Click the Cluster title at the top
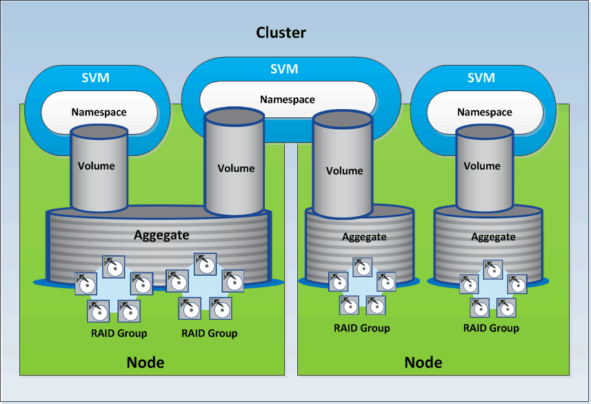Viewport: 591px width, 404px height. pos(281,32)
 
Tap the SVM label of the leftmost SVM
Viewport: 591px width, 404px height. pos(95,77)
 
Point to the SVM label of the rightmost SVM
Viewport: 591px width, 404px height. pos(481,77)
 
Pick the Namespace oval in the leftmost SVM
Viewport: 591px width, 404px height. pos(99,112)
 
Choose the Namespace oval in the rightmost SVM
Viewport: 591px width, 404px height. pos(485,112)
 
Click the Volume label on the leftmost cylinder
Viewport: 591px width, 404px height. pos(97,166)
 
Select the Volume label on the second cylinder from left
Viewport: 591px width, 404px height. pos(236,169)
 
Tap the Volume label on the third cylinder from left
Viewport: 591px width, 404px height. pos(344,171)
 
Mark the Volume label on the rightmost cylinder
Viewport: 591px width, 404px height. pos(482,166)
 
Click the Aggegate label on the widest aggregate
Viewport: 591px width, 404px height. pos(161,235)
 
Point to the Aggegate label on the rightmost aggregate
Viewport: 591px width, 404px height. pos(493,237)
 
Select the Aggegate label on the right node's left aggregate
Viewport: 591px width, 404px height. pos(364,237)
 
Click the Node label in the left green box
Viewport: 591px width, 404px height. pos(146,363)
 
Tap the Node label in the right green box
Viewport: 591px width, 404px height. pos(423,363)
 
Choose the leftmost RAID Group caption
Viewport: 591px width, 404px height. pos(119,333)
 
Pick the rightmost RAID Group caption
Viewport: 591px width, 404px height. pos(491,328)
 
